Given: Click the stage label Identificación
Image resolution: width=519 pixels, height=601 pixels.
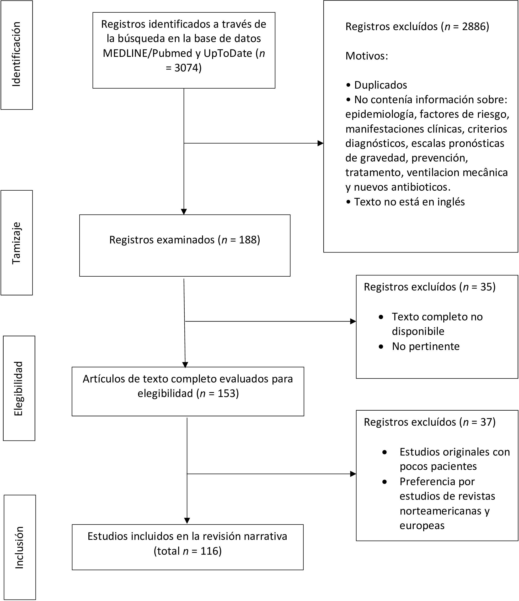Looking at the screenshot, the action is coord(16,54).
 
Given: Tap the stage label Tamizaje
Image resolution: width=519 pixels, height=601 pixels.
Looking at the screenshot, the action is coord(16,243).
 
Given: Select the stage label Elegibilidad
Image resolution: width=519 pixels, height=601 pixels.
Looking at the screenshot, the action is coord(18,389).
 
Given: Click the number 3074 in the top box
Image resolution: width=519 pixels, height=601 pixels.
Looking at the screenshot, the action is coord(186,68).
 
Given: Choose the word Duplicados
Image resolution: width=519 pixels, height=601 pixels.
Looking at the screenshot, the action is coord(380,85).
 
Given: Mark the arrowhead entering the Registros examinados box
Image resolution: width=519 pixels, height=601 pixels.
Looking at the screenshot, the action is coord(184,212).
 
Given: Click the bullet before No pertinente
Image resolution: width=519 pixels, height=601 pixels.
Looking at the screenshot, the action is coord(381,347).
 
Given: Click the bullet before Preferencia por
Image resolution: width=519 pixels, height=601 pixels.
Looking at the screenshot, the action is coord(385,482).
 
